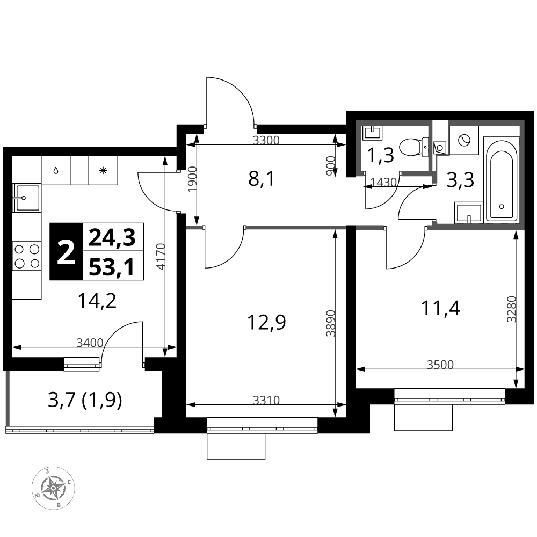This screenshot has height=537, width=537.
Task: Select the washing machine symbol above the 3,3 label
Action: click(x=464, y=140)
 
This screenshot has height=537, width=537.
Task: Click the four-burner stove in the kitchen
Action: click(x=27, y=256)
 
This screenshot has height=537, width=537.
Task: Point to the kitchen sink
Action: click(x=27, y=198)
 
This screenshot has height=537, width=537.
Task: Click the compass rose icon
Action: click(x=53, y=488)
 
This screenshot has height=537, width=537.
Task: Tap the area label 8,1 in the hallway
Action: click(x=262, y=179)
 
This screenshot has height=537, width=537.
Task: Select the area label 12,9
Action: click(x=266, y=322)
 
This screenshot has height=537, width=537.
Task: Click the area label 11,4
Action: click(x=440, y=308)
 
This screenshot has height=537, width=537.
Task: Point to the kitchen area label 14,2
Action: click(x=97, y=301)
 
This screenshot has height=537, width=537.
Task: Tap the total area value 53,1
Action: click(x=112, y=267)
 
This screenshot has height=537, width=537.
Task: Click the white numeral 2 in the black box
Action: click(x=66, y=252)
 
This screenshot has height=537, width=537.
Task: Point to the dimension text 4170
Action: click(x=160, y=256)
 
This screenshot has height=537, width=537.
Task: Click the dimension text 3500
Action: click(x=440, y=365)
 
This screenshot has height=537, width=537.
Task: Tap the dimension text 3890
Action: click(x=330, y=323)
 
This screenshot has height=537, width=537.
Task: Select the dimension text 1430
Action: click(x=383, y=182)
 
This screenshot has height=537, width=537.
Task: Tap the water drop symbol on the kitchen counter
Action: click(x=56, y=170)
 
